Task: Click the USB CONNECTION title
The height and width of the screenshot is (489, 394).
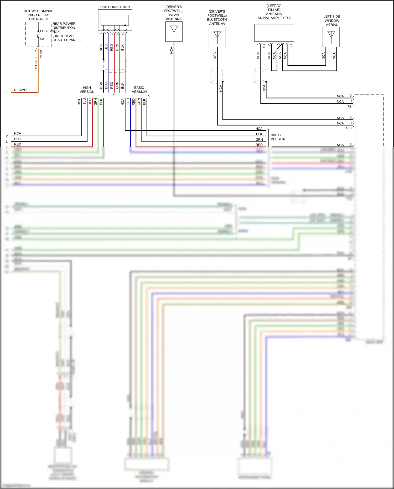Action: point(115,7)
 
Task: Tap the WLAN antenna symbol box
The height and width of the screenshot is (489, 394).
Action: point(174,32)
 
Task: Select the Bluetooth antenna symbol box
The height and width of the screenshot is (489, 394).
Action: point(217,37)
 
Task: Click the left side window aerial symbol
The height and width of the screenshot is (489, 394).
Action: point(331,37)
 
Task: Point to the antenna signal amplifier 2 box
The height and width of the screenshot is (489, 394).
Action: point(274,33)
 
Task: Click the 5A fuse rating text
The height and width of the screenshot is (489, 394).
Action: point(42,39)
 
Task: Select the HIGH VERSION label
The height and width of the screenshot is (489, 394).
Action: point(87,90)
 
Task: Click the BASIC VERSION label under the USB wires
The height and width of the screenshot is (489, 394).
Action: point(139,90)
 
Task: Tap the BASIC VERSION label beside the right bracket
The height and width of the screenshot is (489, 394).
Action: point(278,137)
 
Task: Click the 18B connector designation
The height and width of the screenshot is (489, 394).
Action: point(348,128)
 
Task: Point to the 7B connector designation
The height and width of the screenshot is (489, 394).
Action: point(349,106)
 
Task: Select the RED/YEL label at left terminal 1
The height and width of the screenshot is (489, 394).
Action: point(21,90)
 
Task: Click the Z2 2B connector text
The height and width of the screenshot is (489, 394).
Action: point(41,54)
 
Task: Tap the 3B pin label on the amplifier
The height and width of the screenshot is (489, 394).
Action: point(291,46)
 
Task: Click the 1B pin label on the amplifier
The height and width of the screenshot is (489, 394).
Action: point(264,46)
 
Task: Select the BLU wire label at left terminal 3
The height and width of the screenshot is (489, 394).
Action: point(17,139)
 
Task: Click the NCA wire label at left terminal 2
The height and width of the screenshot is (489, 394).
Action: point(18,133)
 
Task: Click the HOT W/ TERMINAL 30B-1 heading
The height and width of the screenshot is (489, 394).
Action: point(38,15)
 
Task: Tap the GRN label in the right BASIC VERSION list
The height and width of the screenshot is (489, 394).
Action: point(259,140)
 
